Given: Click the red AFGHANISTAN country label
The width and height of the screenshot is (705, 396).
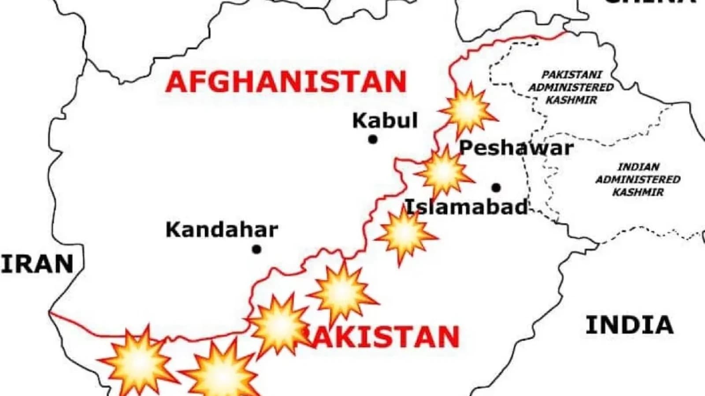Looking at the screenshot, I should tap(286, 82).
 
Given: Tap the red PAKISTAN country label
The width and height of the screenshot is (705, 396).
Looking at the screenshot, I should tap(381, 337).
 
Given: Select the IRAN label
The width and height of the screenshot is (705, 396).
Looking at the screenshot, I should tap(37, 264).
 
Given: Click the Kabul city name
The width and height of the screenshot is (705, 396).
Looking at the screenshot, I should tap(385, 121).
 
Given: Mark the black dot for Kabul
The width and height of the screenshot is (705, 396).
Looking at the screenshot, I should tap(373, 139).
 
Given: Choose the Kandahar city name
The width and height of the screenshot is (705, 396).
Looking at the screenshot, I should tap(222, 230).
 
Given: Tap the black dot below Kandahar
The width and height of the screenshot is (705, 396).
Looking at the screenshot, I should tap(256, 249).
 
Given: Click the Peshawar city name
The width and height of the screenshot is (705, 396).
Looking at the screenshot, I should tap(516, 148).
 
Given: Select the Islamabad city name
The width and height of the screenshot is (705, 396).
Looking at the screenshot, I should tap(466, 206).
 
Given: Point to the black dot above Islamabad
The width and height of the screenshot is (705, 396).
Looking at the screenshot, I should tap(496, 188).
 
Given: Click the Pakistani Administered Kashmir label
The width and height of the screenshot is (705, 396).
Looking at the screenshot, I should tap(571, 87).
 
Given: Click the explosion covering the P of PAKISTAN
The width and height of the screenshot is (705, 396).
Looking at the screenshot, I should tap(279, 325).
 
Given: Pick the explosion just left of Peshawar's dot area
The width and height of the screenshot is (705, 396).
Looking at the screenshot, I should tap(444, 172).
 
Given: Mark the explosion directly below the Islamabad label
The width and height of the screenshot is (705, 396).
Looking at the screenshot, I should tap(404, 235).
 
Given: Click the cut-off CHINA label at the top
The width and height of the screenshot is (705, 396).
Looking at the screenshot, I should tap(652, 2).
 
